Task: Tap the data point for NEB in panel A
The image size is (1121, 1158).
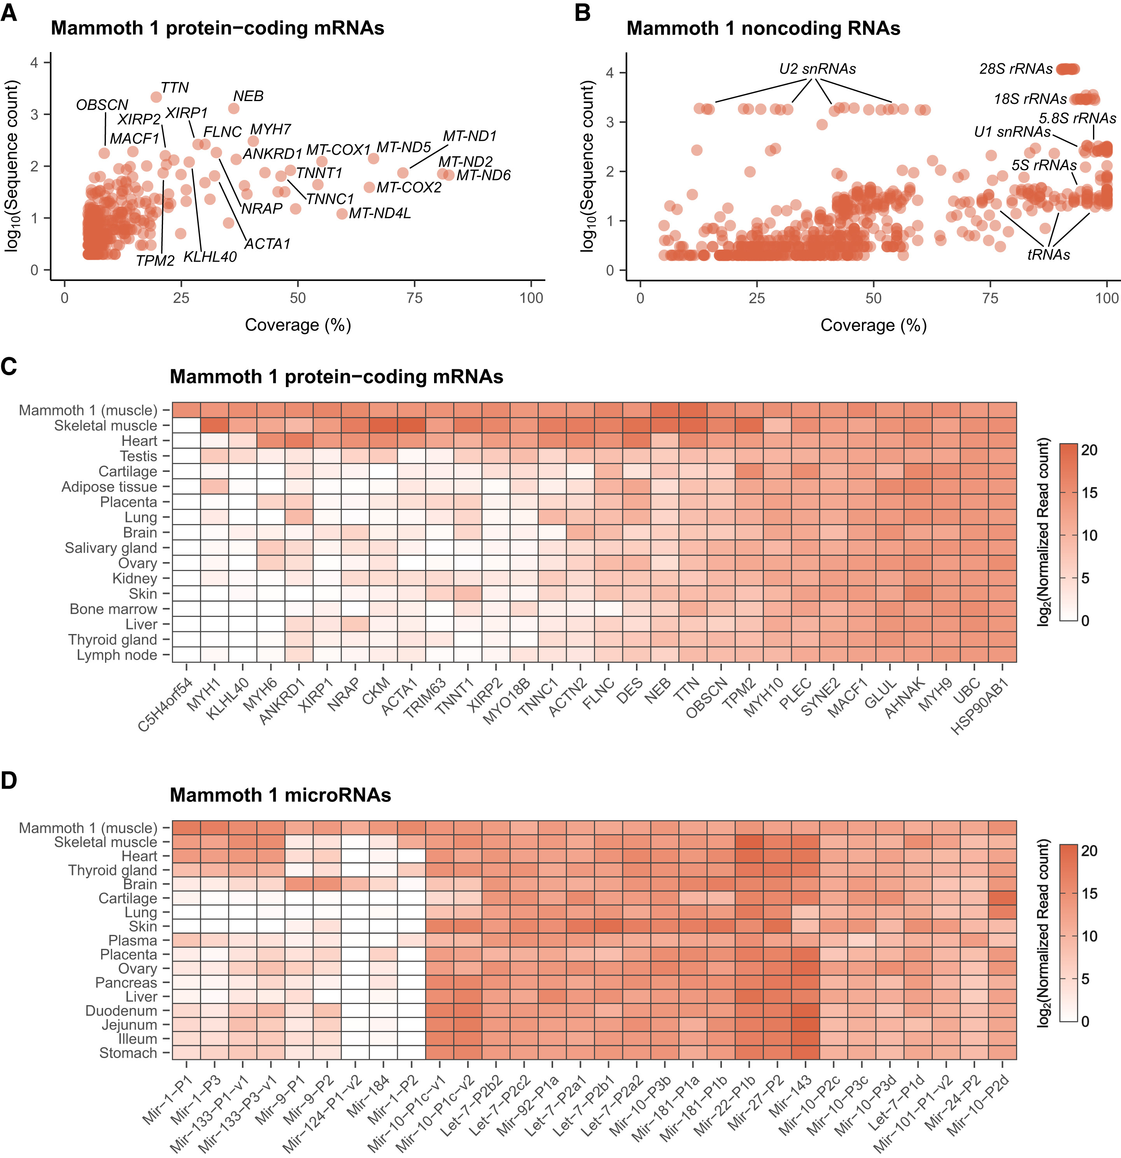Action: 233,109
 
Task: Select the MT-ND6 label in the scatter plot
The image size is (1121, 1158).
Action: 483,175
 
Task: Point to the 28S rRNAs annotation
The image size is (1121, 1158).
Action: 1016,69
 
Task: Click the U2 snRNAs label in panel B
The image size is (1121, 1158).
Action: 817,69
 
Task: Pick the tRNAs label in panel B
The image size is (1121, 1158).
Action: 1049,255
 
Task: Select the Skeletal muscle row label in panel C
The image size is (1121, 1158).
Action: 106,426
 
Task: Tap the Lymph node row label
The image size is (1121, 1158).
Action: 117,655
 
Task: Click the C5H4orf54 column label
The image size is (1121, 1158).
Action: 165,705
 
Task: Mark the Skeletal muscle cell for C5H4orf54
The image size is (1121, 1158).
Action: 186,426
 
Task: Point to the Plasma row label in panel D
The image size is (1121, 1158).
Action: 133,941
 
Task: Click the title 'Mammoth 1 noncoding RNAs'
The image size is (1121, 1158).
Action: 763,28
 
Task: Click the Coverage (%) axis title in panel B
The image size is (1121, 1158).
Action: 873,325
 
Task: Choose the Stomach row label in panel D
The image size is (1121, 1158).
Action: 128,1053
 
